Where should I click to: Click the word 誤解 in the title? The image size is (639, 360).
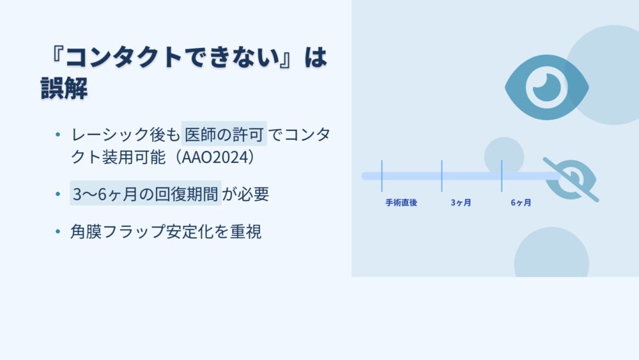point(64,88)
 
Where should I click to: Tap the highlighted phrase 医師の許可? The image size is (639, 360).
point(224,134)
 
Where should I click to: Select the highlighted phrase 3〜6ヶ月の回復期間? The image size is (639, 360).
point(146,194)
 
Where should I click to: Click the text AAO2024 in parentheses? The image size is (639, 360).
point(215,157)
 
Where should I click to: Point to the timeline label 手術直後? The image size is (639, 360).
point(401,203)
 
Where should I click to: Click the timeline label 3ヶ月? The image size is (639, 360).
point(461,203)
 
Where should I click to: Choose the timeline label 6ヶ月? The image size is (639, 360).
point(521,203)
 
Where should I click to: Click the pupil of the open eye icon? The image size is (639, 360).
point(546,87)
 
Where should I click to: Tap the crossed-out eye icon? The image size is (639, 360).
point(571,180)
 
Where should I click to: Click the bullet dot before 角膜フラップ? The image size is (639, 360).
point(58,231)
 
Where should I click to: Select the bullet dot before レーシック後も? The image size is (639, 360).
point(58,134)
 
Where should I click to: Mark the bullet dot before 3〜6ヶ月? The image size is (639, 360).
point(58,194)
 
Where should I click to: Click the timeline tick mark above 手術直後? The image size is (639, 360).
point(382,176)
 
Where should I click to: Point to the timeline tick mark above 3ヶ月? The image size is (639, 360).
point(442,176)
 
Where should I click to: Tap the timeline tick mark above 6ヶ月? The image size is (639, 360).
point(502,176)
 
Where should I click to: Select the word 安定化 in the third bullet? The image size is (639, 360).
point(190,231)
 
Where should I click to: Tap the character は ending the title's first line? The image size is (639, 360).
point(316,57)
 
